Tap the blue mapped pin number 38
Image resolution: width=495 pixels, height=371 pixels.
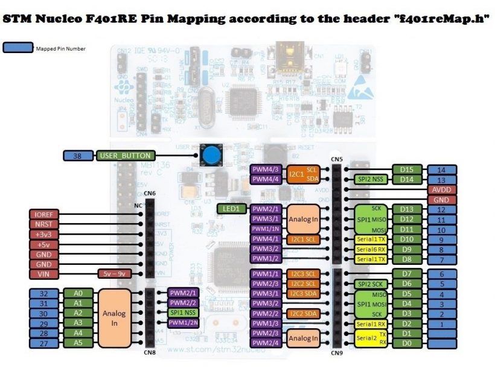(x=77, y=156)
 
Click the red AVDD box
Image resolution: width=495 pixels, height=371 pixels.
(x=445, y=189)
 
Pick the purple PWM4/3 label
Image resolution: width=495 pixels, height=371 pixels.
(x=266, y=170)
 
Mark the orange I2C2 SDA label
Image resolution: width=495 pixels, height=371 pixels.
(x=302, y=314)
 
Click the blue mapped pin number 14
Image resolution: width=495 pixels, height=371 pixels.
(x=445, y=170)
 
